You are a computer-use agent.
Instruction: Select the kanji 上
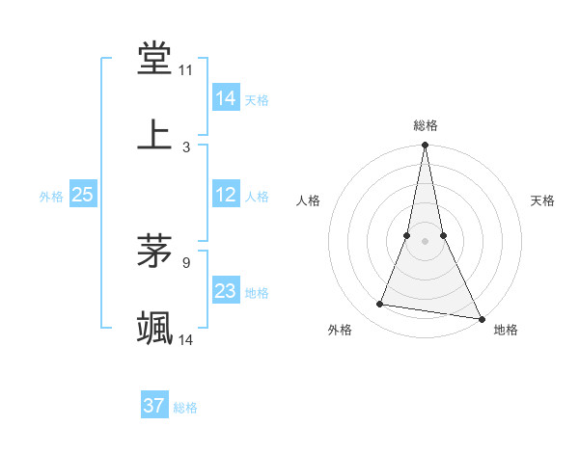tap(155, 135)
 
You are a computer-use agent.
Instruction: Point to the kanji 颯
tap(155, 328)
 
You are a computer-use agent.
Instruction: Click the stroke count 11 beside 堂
tap(186, 70)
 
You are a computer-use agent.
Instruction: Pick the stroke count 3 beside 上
tap(186, 147)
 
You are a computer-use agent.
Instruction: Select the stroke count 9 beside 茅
tap(186, 261)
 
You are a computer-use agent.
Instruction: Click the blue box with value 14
tap(226, 97)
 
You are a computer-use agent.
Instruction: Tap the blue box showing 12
tap(226, 195)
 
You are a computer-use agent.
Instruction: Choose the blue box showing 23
tap(226, 291)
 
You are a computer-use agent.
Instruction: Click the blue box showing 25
tap(83, 195)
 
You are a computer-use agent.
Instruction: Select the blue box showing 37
tap(153, 406)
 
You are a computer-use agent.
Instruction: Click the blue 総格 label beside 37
tap(185, 408)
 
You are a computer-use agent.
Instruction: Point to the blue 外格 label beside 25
tap(51, 197)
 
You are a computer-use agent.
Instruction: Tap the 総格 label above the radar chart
tap(426, 125)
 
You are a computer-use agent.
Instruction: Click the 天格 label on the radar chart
tap(542, 200)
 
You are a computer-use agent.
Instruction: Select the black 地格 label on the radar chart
tap(506, 330)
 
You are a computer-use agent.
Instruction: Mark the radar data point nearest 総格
tap(425, 146)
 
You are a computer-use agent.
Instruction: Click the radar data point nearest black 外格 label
tap(380, 305)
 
